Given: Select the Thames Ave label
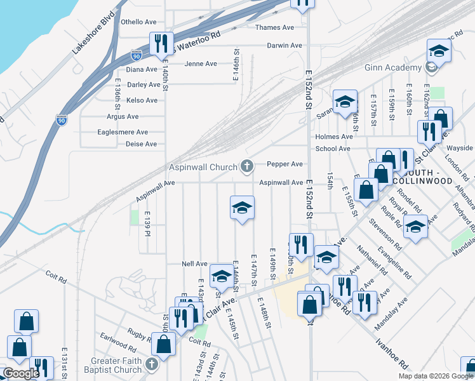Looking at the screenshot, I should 274,28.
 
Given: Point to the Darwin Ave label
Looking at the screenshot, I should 284,46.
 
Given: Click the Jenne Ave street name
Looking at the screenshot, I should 201,64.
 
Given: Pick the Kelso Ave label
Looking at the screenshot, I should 142,100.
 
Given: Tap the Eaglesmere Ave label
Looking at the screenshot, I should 123,132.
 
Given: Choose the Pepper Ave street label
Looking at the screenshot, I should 284,164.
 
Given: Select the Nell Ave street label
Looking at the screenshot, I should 194,264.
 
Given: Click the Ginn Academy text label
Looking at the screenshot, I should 393,68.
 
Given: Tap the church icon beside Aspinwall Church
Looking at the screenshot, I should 247,167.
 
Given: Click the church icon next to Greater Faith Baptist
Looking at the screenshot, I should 151,364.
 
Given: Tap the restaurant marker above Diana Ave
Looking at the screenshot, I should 160,43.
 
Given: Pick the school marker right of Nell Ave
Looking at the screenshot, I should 222,276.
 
